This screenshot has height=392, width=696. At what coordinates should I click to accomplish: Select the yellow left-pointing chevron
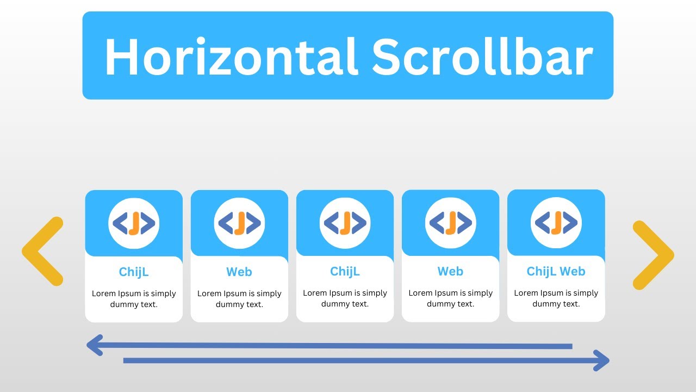42,251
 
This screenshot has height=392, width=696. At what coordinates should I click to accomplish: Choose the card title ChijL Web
556,271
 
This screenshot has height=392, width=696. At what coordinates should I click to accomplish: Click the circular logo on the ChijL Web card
556,223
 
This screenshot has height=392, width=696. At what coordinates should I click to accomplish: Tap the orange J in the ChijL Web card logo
556,223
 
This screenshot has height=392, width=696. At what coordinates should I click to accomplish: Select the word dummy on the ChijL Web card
544,304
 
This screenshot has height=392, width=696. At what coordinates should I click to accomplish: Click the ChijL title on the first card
134,272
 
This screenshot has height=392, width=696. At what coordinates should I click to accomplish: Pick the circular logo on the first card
134,223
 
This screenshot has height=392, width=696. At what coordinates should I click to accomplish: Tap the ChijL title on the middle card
345,271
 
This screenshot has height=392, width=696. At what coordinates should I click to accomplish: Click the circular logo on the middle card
345,223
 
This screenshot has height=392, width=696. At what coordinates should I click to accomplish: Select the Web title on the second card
239,272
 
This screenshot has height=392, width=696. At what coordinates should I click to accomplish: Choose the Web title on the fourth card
450,271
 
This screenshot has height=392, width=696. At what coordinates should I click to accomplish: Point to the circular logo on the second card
239,223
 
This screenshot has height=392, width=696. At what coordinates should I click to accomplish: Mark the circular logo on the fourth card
450,223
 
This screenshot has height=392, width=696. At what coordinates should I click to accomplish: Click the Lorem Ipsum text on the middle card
345,293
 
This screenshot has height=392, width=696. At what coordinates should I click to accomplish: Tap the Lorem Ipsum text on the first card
134,293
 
